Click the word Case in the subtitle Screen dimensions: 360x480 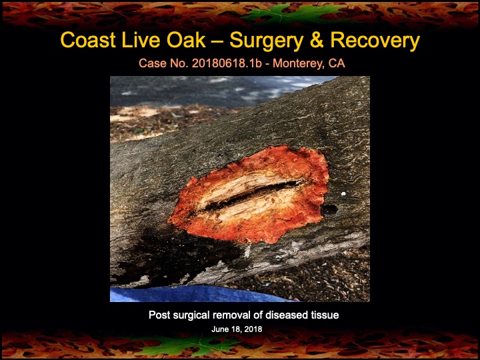[152, 64]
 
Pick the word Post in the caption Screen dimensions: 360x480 [160, 315]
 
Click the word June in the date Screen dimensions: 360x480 [221, 329]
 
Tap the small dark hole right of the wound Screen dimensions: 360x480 [329, 209]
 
